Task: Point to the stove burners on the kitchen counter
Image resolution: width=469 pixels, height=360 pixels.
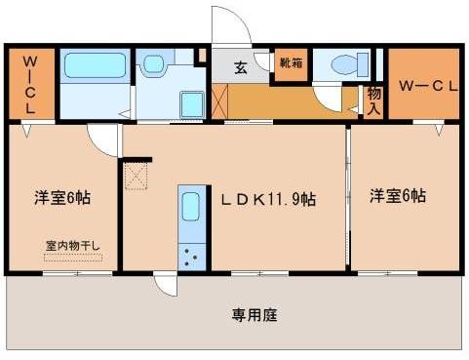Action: pos(190,256)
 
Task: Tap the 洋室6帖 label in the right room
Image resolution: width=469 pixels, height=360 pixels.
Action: pos(397,196)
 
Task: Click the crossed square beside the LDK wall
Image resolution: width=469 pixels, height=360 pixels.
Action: pos(136,176)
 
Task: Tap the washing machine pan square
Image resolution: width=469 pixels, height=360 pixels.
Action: pos(189,102)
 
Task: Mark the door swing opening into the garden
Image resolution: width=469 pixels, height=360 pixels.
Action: pos(166,285)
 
